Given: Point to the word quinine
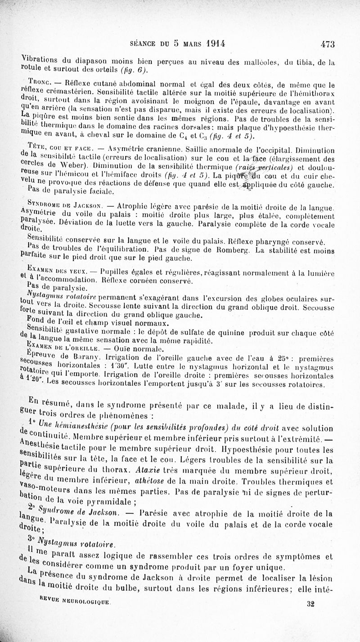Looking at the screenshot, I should (227, 332).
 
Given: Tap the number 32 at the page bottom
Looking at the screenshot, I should (310, 604).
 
